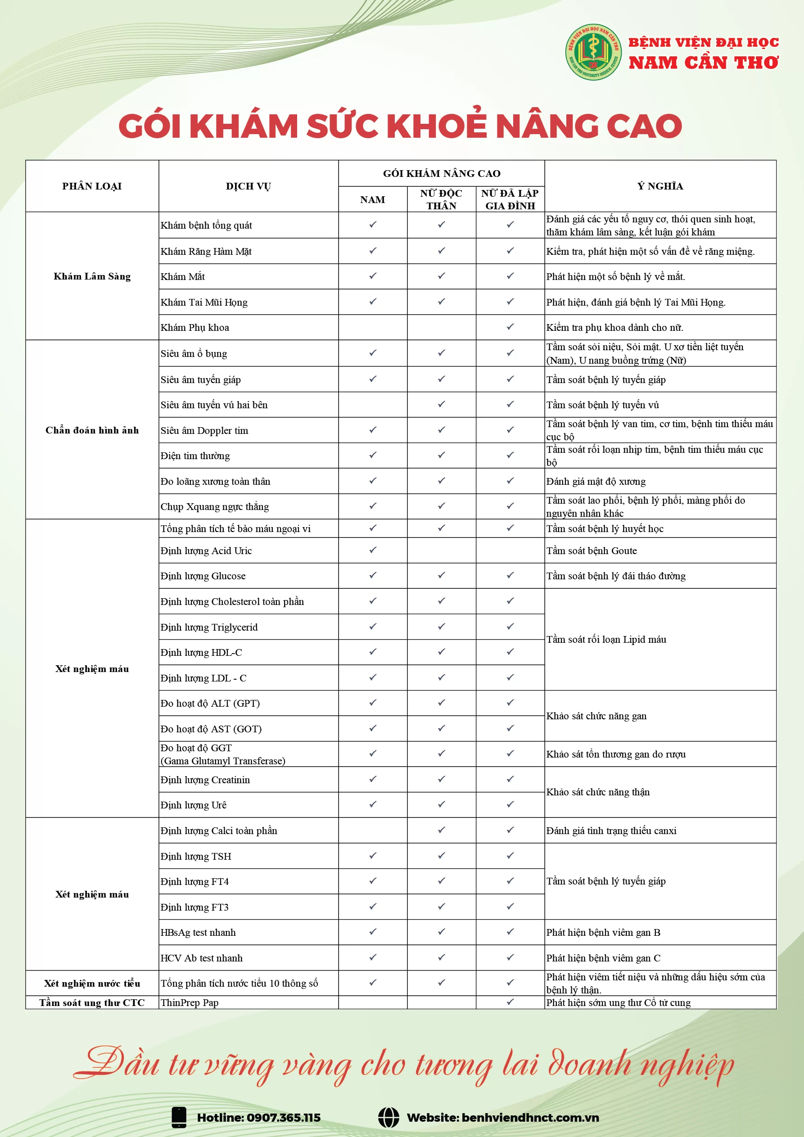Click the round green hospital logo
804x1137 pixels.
point(593,52)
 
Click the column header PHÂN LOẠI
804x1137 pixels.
point(92,186)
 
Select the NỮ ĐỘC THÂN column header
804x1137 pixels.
point(441,199)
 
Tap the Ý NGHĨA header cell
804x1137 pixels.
point(660,186)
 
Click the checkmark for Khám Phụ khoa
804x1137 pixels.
point(510,327)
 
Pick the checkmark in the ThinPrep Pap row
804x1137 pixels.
point(510,1002)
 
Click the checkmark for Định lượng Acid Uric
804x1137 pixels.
point(373,550)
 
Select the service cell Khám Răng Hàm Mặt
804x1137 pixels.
point(206,252)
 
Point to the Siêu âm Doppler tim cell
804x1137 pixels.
point(204,430)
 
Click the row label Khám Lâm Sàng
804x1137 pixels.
point(92,276)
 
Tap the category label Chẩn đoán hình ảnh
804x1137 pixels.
point(92,430)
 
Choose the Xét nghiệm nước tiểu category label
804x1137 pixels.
point(92,983)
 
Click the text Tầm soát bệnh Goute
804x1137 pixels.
point(592,550)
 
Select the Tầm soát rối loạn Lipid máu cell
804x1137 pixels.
point(606,639)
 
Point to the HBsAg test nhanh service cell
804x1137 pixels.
point(198,933)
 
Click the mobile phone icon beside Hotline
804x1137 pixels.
point(179,1118)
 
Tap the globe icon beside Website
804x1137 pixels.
point(388,1118)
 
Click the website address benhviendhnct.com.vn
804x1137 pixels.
point(529,1118)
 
